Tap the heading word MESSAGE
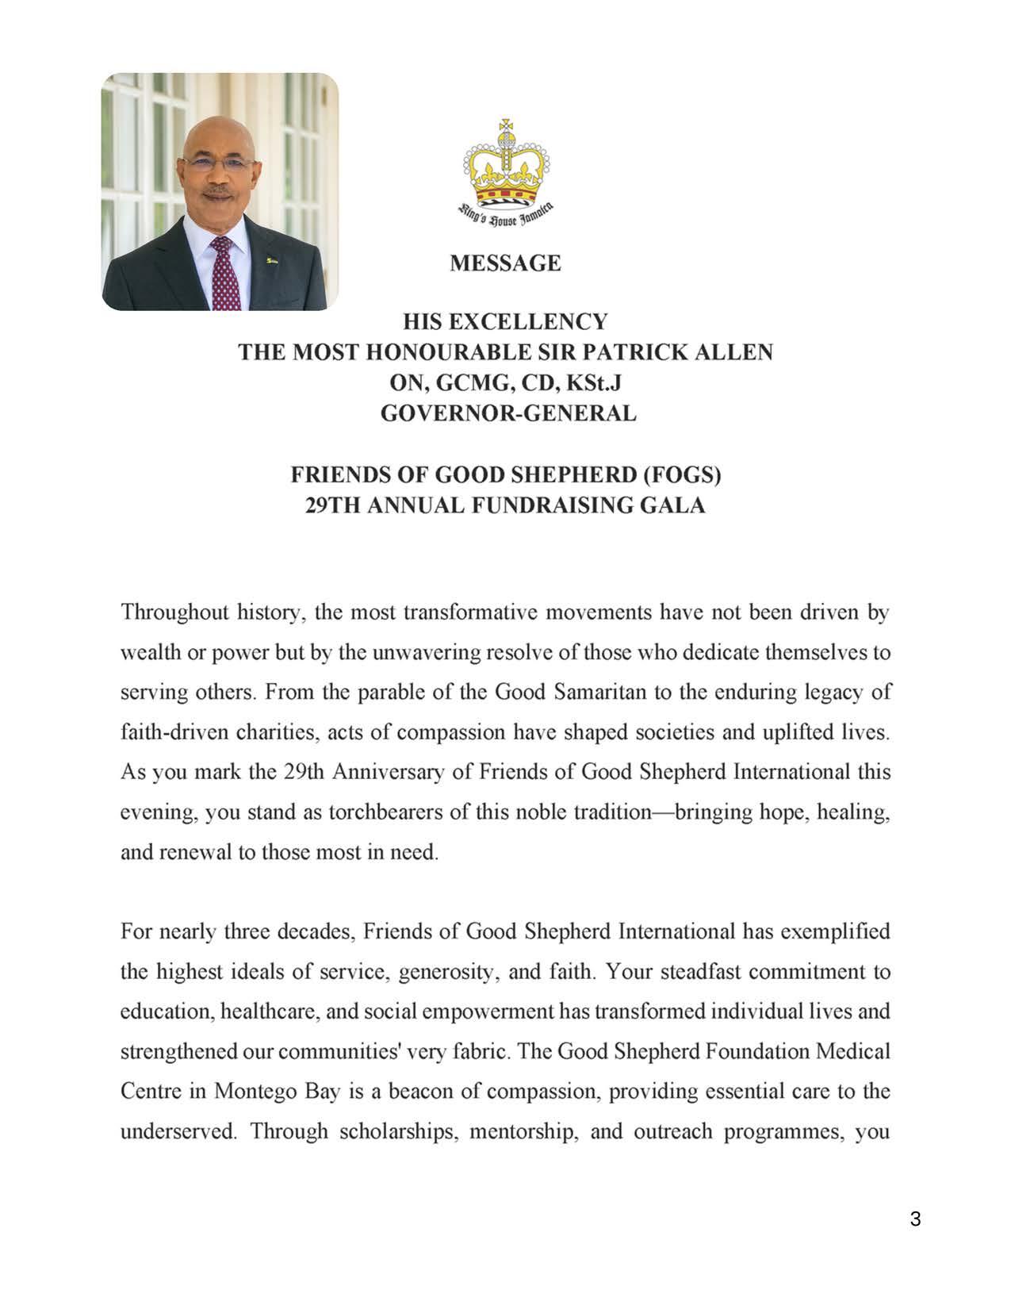tap(505, 263)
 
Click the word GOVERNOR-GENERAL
tap(508, 413)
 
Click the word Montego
tap(255, 1091)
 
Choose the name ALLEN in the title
tap(732, 352)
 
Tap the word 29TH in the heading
tap(334, 505)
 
